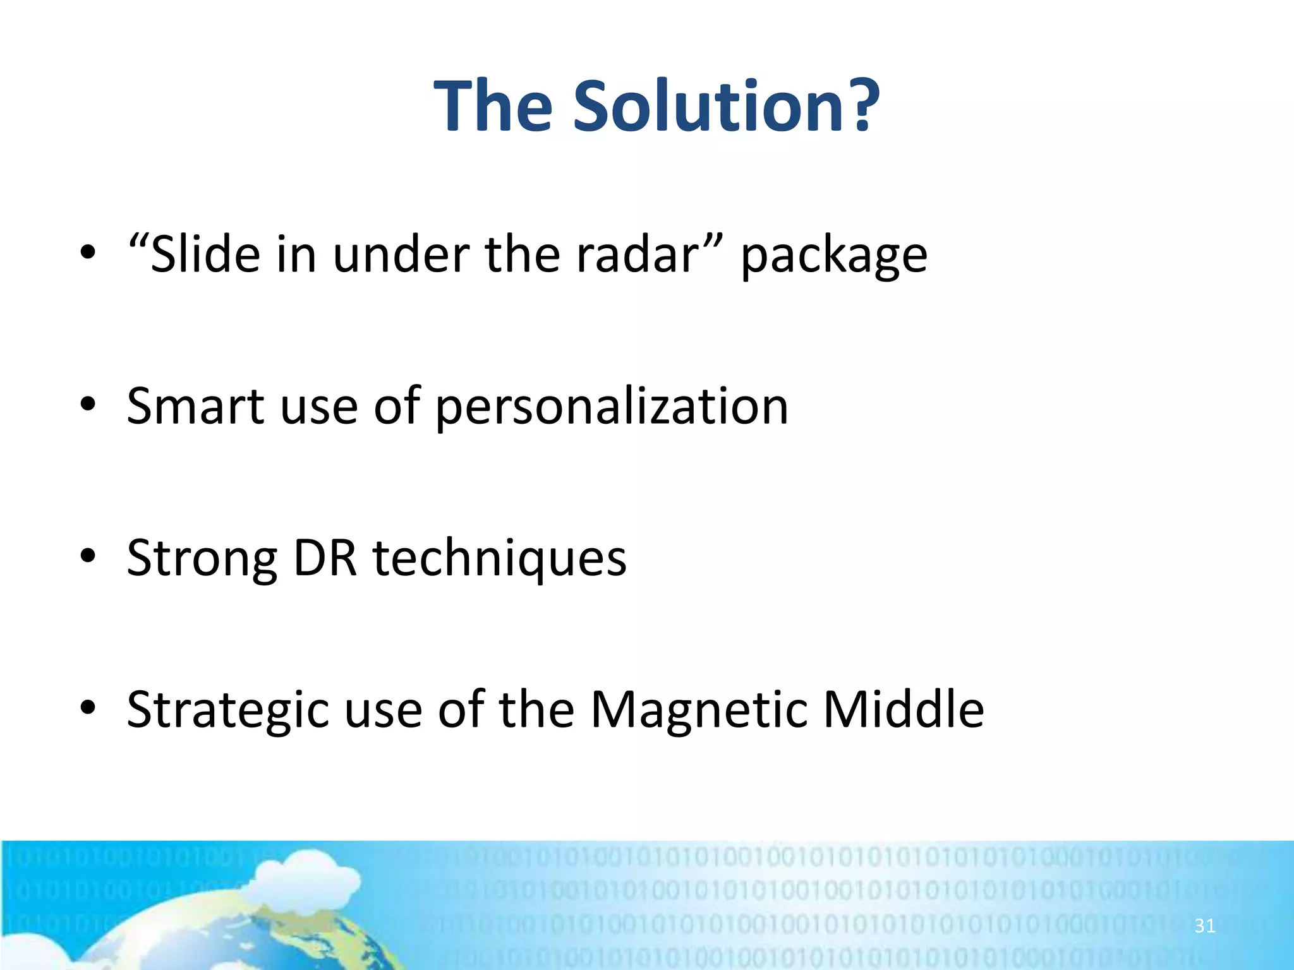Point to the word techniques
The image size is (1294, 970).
499,559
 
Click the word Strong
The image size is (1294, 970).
202,559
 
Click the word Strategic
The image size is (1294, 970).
227,710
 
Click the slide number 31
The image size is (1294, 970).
1204,926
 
